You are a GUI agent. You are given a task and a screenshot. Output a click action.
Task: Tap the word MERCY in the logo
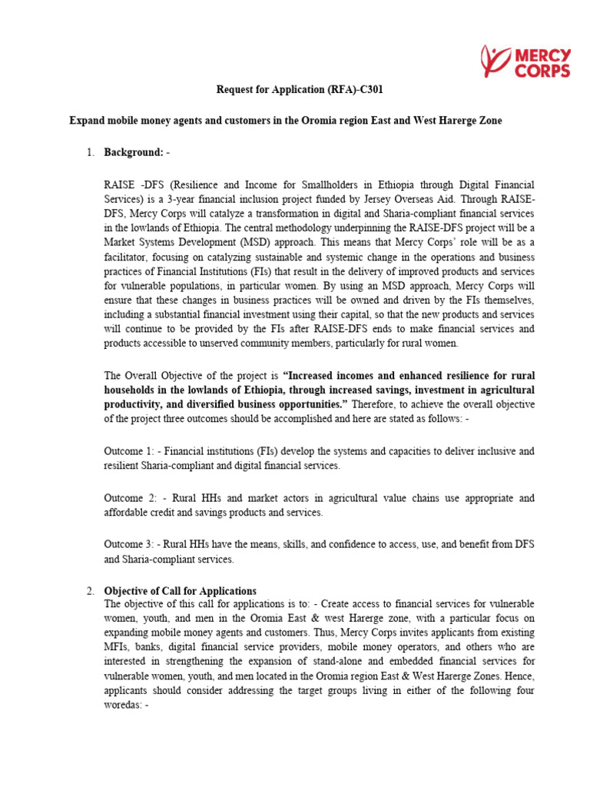point(542,55)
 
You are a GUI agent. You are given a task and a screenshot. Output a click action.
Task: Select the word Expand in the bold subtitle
point(86,121)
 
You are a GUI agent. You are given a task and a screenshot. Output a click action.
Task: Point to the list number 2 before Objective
point(90,591)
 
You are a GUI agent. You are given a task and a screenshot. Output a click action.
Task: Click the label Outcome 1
point(129,451)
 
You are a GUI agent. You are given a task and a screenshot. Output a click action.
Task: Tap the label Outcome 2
point(129,499)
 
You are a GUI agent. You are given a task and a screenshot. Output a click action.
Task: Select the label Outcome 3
point(129,545)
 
